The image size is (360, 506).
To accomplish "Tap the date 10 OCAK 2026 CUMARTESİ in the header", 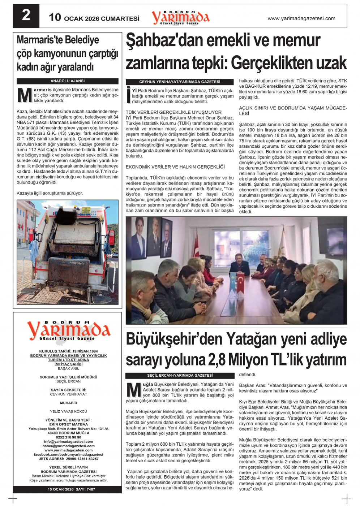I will click(x=94, y=18).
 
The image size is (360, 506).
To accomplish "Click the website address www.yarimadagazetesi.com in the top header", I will click(x=301, y=18).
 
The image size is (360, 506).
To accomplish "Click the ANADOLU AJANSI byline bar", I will click(x=68, y=81).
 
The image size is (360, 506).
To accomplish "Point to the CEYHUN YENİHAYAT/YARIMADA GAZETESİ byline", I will click(x=179, y=82).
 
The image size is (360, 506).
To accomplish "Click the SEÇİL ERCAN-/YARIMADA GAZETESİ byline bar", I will click(x=179, y=376).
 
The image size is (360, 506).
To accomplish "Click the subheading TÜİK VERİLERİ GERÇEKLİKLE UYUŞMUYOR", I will click(x=173, y=112).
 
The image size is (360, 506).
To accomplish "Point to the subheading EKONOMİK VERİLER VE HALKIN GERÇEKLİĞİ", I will click(x=175, y=167).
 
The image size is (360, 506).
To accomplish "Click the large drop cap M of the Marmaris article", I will click(x=24, y=95).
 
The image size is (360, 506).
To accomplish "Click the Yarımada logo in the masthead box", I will click(x=68, y=330).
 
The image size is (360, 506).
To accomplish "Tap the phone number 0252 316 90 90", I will click(x=68, y=437).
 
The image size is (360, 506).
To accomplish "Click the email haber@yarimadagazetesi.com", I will click(x=68, y=446).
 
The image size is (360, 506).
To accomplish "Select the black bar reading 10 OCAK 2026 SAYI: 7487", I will click(x=68, y=489).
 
